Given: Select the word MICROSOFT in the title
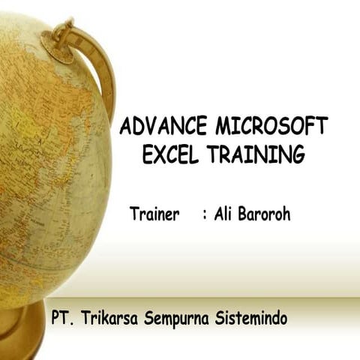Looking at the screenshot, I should [275, 126].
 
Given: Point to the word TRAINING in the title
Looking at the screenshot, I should [256, 155].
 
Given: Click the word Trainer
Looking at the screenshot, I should [155, 214].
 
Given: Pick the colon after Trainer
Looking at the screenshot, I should [205, 214].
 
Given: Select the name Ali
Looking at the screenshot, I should [223, 214].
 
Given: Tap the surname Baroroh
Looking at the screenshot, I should [263, 214].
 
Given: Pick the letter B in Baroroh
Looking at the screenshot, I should [244, 214].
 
